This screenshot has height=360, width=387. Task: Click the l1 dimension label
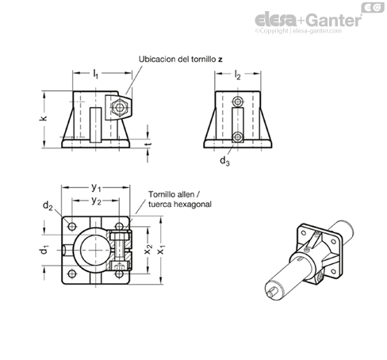coord(95,74)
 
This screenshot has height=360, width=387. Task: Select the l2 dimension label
coord(238,75)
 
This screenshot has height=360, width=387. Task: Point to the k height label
coord(44,117)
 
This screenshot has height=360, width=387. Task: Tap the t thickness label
coord(149,144)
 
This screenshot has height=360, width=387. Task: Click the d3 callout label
coord(224,161)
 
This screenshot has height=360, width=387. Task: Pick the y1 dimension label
coord(96,188)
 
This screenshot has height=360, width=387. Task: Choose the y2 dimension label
coord(96,201)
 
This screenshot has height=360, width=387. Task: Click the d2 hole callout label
coord(48,205)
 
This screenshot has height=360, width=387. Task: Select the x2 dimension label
coord(148,249)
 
